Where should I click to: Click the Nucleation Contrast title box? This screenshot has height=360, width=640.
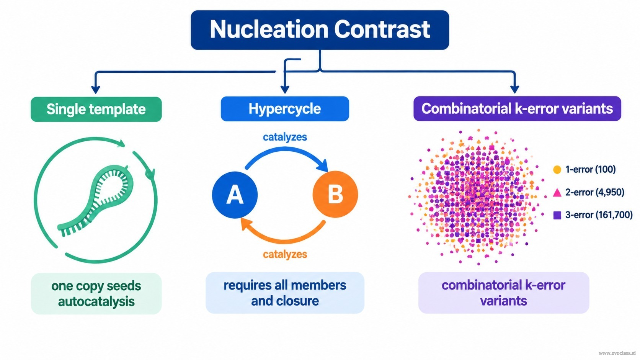tap(320, 30)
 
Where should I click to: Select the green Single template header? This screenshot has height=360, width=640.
tap(96, 109)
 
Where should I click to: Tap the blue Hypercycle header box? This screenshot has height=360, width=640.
tap(285, 109)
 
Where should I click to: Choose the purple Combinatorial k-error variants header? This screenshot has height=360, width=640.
tap(517, 109)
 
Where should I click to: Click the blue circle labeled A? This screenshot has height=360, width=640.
tap(235, 195)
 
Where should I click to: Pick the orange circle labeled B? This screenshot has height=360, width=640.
tap(335, 195)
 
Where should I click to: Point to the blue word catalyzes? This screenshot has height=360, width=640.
tap(285, 137)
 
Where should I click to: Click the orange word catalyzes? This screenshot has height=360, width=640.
tap(285, 254)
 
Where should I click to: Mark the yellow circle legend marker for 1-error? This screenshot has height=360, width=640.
tap(557, 170)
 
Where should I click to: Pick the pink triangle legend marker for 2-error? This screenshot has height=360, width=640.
tap(557, 192)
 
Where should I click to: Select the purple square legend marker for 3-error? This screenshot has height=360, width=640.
tap(557, 215)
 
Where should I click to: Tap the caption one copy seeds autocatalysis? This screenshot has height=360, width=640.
tap(96, 294)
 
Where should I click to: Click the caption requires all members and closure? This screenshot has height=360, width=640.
tap(285, 293)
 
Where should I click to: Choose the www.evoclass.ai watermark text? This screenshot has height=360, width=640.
tap(617, 353)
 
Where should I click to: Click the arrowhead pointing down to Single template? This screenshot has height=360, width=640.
tap(95, 89)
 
